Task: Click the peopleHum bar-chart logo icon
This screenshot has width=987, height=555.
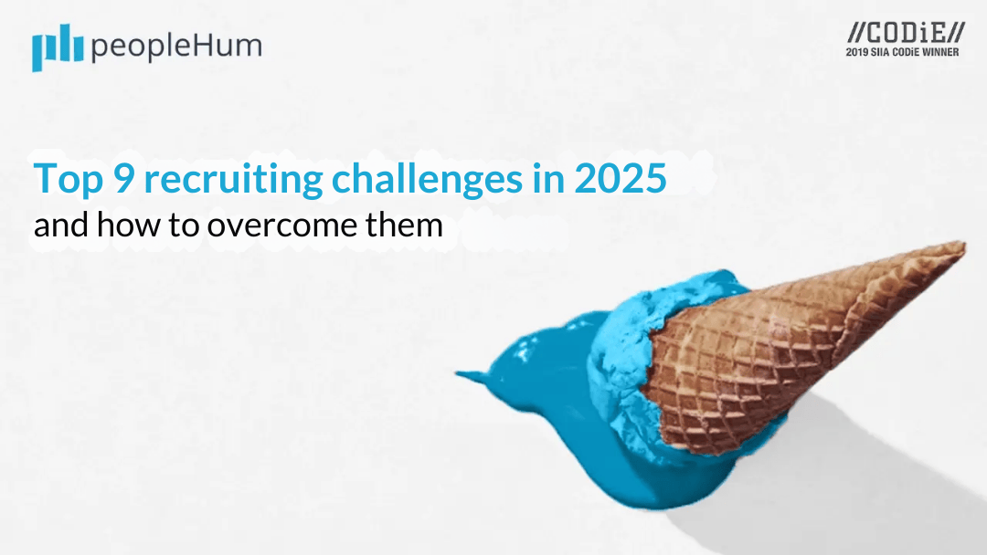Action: (x=58, y=49)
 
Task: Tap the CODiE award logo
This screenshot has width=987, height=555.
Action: (x=905, y=33)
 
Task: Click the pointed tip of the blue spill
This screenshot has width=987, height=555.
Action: (x=460, y=373)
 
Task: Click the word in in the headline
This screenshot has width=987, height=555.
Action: (x=547, y=179)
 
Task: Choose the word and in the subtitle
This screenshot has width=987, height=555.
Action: (x=60, y=225)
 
